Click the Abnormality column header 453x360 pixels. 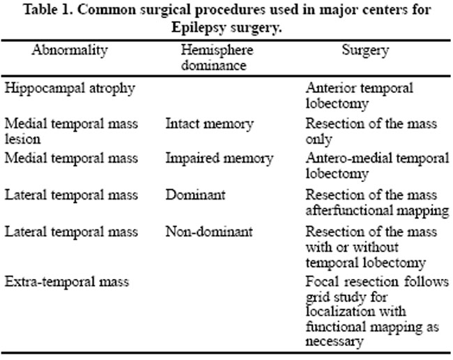click(x=70, y=51)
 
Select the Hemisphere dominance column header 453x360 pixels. click(x=217, y=57)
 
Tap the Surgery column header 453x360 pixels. click(x=365, y=51)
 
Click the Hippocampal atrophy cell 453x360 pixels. click(x=70, y=89)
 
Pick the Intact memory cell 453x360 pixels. click(x=210, y=124)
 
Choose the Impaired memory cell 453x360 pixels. click(x=220, y=159)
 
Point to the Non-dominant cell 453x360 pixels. click(x=209, y=232)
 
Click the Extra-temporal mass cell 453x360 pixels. click(x=67, y=282)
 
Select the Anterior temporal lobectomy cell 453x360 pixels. click(x=360, y=96)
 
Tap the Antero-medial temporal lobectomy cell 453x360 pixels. click(x=377, y=166)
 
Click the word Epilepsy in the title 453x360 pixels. click(x=199, y=29)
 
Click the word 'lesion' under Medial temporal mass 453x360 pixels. click(x=22, y=139)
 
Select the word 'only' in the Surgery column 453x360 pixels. click(x=319, y=140)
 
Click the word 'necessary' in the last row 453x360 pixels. click(x=335, y=341)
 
